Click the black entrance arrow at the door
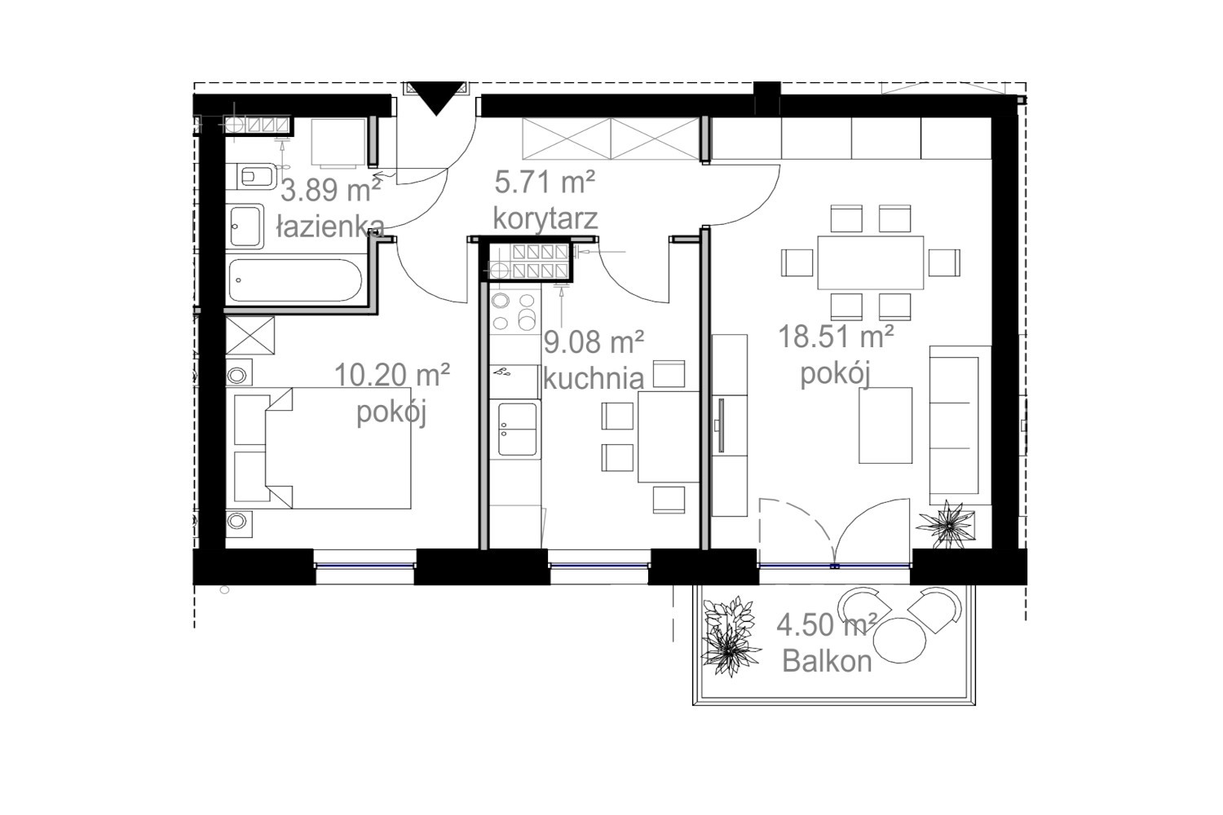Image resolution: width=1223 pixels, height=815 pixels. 436,97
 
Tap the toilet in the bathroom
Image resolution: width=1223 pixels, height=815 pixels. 252,176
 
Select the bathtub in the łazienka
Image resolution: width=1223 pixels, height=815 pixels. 295,280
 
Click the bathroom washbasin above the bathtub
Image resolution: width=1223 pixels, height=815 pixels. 245,226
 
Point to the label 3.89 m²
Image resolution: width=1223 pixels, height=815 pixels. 331,190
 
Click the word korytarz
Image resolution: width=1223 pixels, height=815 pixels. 545,218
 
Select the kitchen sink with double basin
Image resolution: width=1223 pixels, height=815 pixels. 515,429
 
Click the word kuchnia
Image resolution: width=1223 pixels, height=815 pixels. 594,378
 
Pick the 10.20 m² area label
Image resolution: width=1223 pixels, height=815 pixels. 392,375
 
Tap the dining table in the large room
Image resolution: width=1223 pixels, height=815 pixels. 870,262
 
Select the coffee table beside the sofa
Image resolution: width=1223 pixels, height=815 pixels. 885,425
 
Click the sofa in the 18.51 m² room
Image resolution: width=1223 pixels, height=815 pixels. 960,425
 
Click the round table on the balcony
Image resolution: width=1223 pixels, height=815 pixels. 899,640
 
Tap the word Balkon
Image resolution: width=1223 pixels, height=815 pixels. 828,661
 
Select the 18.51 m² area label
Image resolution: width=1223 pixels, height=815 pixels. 836,337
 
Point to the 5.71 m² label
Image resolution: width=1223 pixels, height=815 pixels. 545,181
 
